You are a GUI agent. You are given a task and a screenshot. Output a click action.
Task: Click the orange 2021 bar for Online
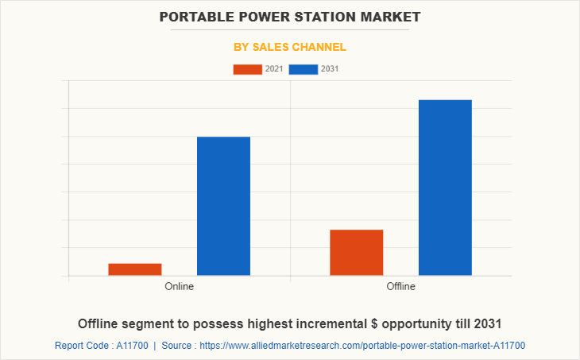135,269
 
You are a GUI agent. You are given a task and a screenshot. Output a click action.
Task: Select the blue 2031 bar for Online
223,206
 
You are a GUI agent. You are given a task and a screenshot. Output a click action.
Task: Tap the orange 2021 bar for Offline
357,252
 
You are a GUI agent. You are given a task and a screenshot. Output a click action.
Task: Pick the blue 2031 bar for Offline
445,188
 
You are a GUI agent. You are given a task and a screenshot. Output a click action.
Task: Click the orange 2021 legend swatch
247,69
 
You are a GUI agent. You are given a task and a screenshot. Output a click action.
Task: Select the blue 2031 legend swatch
304,69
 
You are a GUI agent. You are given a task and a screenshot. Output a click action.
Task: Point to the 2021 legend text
273,69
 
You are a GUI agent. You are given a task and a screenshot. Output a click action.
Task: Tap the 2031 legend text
330,69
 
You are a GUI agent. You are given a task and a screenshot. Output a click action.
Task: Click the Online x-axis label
179,286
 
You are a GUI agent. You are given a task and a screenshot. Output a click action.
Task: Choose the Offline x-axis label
400,286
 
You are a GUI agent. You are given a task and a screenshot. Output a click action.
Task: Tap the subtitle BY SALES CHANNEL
289,47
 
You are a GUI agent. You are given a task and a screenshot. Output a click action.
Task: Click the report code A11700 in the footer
128,346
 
